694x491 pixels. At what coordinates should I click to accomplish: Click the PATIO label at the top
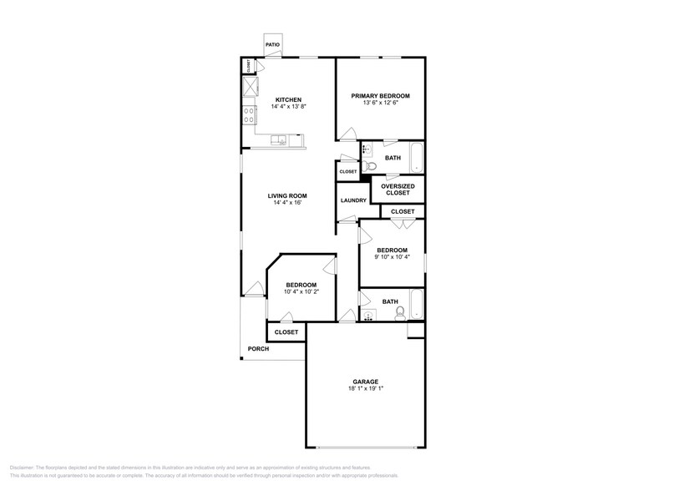pyautogui.click(x=272, y=45)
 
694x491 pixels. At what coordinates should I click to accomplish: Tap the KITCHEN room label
pyautogui.click(x=288, y=99)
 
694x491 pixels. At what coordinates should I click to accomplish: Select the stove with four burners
pyautogui.click(x=250, y=116)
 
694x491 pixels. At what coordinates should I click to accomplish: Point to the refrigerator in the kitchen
pyautogui.click(x=250, y=86)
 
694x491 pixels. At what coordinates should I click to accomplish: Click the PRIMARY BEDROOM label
pyautogui.click(x=380, y=96)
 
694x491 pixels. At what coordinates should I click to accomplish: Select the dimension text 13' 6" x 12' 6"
pyautogui.click(x=380, y=104)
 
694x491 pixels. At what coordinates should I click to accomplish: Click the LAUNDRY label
pyautogui.click(x=353, y=200)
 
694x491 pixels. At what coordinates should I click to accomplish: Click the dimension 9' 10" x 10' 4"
pyautogui.click(x=392, y=257)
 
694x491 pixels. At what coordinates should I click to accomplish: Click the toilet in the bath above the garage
pyautogui.click(x=400, y=313)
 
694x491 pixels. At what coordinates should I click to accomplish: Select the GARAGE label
pyautogui.click(x=365, y=380)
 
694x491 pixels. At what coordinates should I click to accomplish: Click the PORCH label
pyautogui.click(x=258, y=349)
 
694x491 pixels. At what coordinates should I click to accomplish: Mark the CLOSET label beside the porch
pyautogui.click(x=286, y=332)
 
